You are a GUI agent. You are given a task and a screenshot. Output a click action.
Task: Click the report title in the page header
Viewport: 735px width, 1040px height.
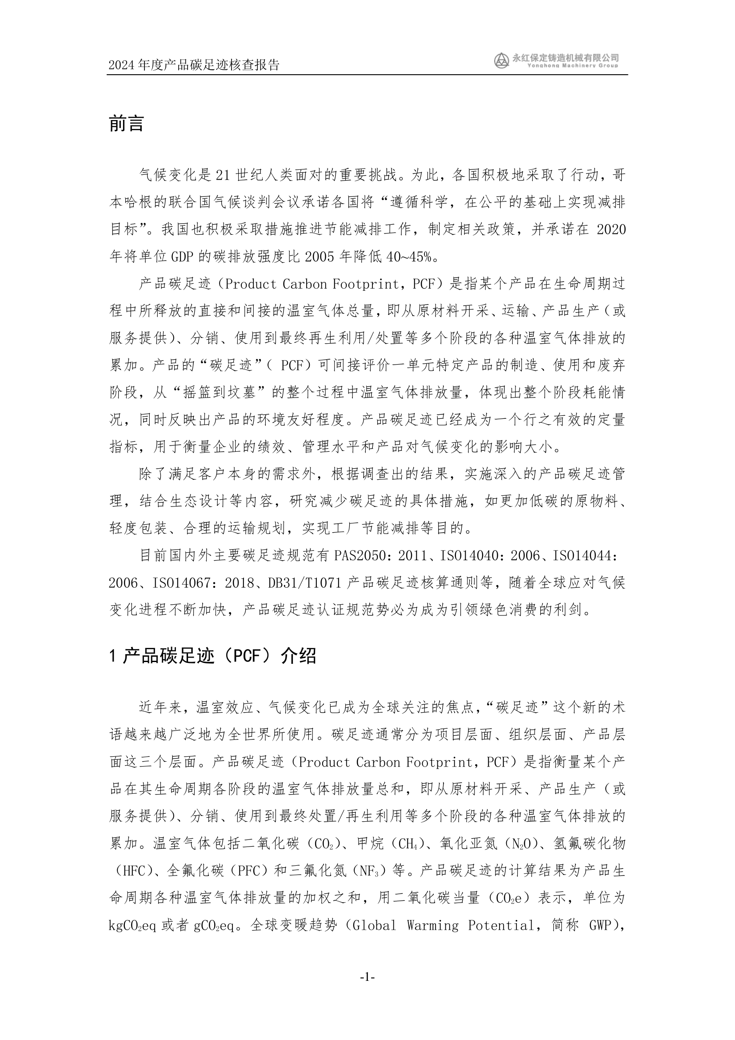click(x=194, y=65)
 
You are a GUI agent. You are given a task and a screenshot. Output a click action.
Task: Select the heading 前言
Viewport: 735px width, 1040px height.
click(x=126, y=124)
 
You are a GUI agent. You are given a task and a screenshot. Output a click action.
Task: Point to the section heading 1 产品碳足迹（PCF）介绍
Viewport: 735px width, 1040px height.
click(x=212, y=656)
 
